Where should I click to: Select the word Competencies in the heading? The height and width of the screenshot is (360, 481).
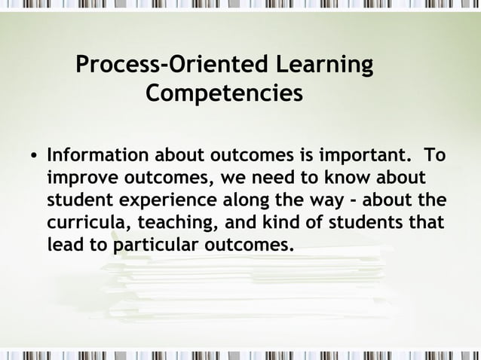[x=224, y=94]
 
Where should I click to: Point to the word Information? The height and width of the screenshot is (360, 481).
[x=98, y=156]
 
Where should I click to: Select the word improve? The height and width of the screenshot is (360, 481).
[x=79, y=178]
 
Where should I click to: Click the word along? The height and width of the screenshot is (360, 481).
[x=251, y=201]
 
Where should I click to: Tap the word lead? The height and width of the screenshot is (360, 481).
[x=66, y=246]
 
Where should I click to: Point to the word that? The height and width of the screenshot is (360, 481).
[x=426, y=223]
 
